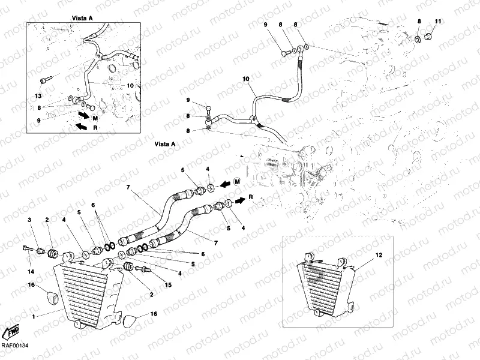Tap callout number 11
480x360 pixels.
tap(437, 22)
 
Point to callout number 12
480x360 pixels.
tap(378, 256)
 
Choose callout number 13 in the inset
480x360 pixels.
tap(37, 96)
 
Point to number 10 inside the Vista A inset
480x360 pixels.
tap(130, 85)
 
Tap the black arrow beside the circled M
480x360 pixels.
tap(221, 183)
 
